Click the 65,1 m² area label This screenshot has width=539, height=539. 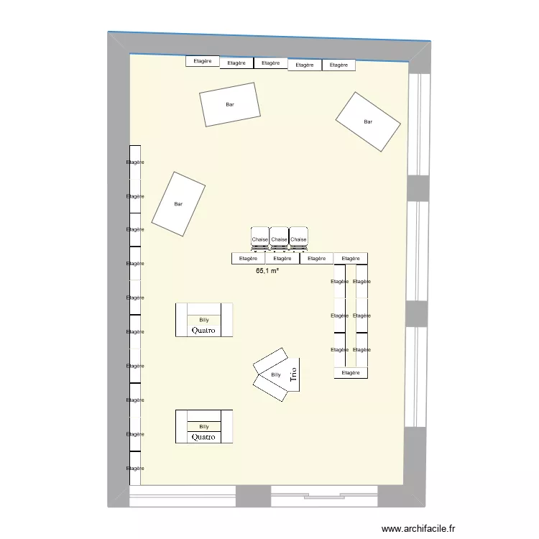click(x=267, y=272)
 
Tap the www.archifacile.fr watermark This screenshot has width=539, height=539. click(x=418, y=528)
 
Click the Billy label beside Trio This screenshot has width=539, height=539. click(x=276, y=375)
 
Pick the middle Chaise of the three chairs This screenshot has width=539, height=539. click(x=279, y=239)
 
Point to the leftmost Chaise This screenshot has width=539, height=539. click(x=259, y=239)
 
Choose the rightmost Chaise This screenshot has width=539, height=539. click(x=298, y=239)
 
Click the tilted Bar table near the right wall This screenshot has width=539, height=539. click(x=368, y=121)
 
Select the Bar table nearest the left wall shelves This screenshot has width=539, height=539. click(x=178, y=204)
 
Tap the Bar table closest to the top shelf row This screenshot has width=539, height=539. click(x=230, y=105)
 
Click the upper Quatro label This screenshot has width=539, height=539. click(x=204, y=331)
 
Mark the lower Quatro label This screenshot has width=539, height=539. click(x=204, y=437)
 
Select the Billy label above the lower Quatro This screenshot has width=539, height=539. click(x=204, y=426)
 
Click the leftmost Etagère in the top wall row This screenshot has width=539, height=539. click(x=203, y=61)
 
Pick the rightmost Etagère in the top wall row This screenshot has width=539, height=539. click(x=338, y=65)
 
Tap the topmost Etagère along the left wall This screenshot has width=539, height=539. click(x=135, y=162)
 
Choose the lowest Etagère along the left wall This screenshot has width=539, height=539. click(x=135, y=468)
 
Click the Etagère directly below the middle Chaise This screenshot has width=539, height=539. click(x=282, y=258)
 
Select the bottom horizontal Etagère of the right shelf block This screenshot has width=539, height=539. click(x=351, y=373)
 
